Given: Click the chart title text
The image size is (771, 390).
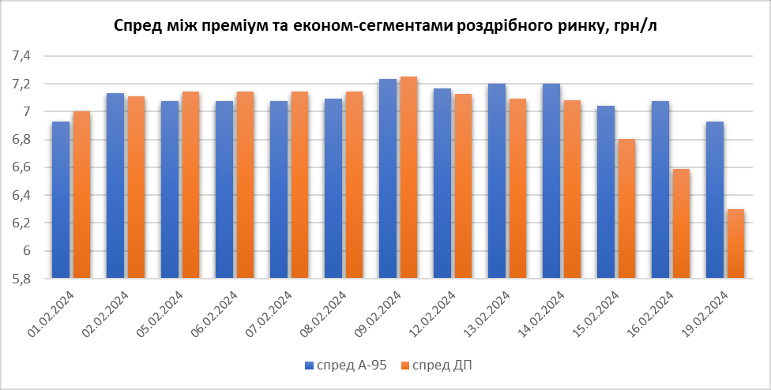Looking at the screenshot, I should [x=385, y=26].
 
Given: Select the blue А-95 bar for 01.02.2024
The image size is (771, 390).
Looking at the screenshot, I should [x=61, y=200].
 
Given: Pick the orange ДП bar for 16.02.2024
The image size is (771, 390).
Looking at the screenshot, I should [x=681, y=223].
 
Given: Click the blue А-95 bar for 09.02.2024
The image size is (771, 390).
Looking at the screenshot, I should [x=388, y=178].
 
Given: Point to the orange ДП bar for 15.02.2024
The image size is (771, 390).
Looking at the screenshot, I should [x=626, y=208].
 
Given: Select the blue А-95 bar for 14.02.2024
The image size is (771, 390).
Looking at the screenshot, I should [x=551, y=181].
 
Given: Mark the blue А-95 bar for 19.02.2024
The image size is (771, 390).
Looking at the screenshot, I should [x=715, y=200].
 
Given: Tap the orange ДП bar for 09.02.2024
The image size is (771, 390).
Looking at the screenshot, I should [x=408, y=178].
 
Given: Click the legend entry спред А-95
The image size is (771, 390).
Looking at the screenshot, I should [x=346, y=365].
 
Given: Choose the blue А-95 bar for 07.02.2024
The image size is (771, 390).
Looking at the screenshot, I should [x=279, y=189].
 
